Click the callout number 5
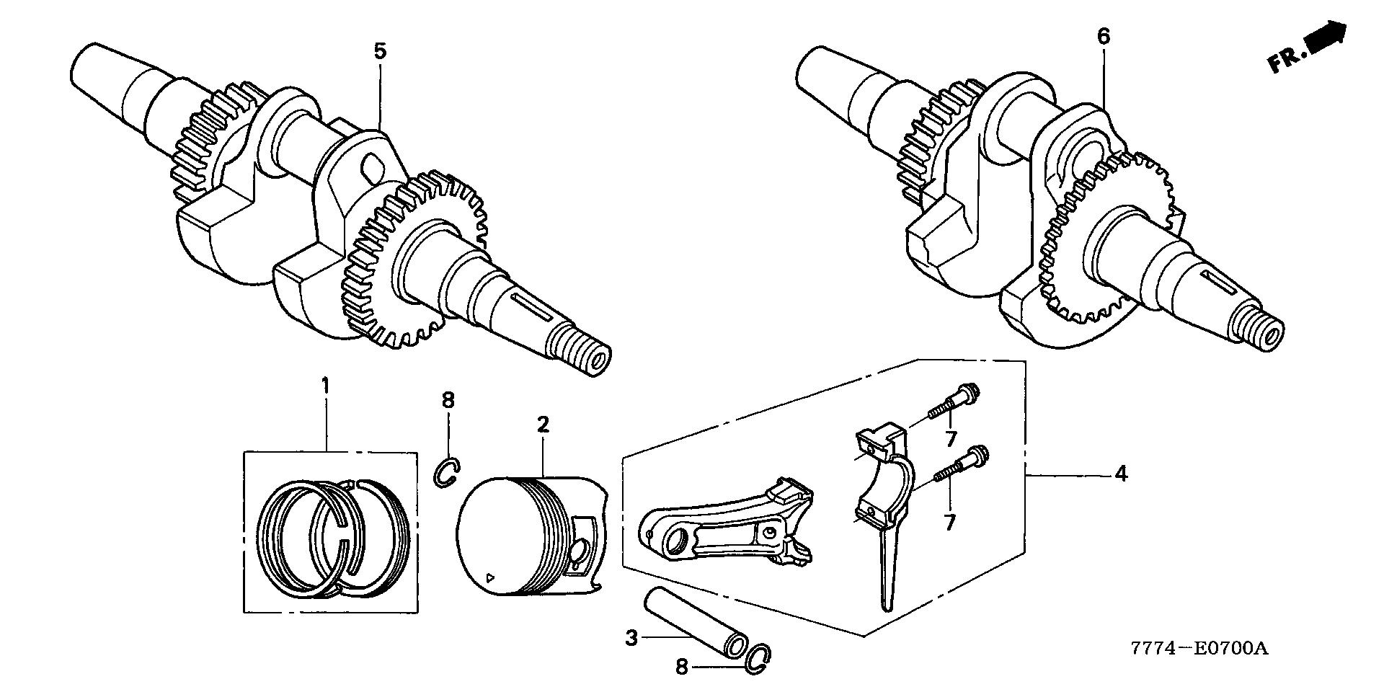[x=380, y=51]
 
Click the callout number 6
[x=1104, y=37]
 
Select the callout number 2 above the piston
[x=543, y=424]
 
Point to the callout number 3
[x=631, y=638]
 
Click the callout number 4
[x=1120, y=474]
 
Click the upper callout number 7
[x=950, y=437]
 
